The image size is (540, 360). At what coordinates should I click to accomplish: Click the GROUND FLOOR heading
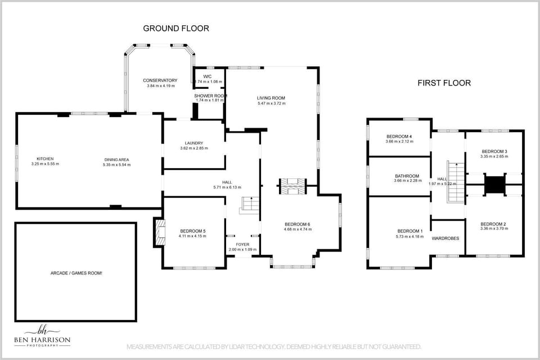point(176,28)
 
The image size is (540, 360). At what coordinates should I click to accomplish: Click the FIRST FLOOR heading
point(444,83)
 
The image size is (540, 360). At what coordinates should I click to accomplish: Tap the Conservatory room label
point(160,80)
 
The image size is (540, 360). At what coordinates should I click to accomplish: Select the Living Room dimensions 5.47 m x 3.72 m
point(271,103)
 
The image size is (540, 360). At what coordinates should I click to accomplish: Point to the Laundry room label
point(194,143)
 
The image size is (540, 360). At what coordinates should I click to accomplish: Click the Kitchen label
point(45,159)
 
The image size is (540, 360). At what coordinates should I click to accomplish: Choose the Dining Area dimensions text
point(116,165)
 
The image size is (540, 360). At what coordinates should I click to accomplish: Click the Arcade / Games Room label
point(76,273)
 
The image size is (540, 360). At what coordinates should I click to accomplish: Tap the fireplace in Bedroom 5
point(158,232)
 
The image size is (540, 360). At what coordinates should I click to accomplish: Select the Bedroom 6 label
point(297,224)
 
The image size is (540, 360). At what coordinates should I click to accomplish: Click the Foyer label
point(242,244)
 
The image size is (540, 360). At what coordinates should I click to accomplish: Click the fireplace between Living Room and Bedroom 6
point(292,186)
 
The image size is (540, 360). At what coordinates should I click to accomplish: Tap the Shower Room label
point(210,96)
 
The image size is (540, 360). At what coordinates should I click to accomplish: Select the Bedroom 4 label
point(399,137)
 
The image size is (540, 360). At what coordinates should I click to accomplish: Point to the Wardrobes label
point(445,238)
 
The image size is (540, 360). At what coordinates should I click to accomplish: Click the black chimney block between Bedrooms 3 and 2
point(495,184)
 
